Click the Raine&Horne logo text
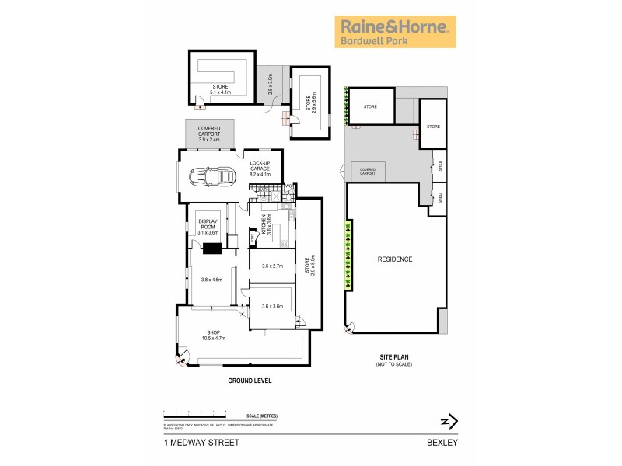[395, 26]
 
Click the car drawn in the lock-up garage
[215, 176]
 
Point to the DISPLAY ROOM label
[208, 227]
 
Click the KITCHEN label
[264, 225]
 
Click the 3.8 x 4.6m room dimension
[211, 280]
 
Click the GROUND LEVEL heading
[249, 381]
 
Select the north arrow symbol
[447, 422]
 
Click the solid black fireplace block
[211, 249]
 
